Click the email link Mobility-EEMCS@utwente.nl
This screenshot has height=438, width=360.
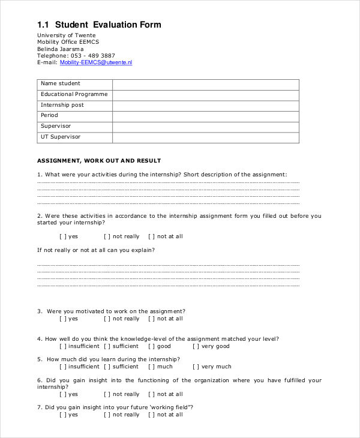pos(96,62)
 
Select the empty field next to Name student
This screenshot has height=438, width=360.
pos(205,84)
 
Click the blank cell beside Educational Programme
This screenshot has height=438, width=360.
pos(205,95)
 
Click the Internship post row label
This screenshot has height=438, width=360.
pos(62,105)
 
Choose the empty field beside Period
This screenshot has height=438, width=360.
pos(205,116)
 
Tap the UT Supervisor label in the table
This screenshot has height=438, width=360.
pos(61,137)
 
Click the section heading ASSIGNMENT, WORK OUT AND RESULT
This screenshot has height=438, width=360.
pos(99,161)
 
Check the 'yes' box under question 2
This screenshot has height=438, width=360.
pos(63,236)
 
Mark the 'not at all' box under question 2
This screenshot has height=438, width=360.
pos(152,236)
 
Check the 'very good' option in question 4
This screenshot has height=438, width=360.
pos(196,346)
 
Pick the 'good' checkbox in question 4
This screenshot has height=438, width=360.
pos(152,346)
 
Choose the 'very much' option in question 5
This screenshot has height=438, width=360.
pos(196,367)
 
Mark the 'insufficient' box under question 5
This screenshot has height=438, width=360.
pos(63,367)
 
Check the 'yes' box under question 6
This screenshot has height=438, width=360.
pos(63,394)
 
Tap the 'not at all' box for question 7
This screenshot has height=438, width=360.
pos(152,415)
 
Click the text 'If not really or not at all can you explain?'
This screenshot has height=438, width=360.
pos(96,250)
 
